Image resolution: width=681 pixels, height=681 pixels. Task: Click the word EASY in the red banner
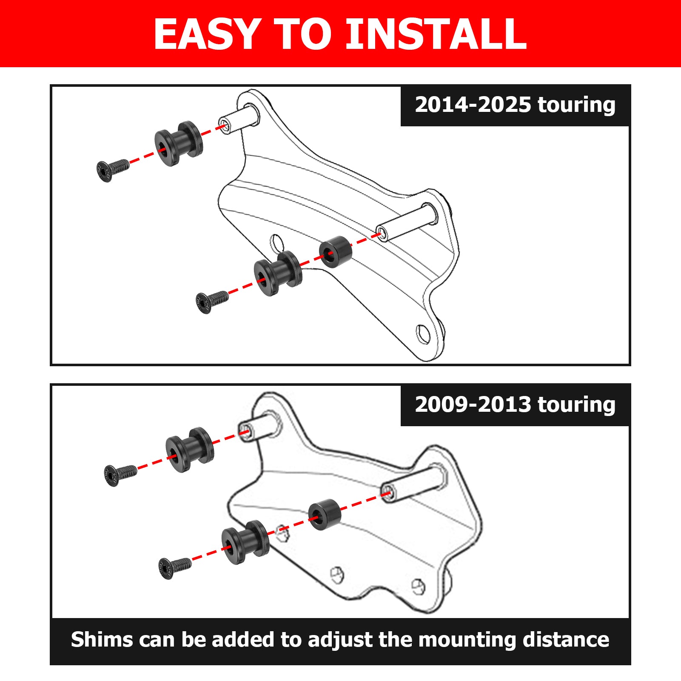point(207,34)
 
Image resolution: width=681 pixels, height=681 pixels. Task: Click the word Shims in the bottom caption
point(102,640)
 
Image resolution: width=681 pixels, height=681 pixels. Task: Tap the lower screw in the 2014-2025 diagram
point(211,301)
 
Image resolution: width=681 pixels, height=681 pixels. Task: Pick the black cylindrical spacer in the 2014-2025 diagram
point(336,252)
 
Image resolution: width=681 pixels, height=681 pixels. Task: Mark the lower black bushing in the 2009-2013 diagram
point(245,541)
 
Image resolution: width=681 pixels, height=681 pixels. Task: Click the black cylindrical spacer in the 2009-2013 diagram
point(324,514)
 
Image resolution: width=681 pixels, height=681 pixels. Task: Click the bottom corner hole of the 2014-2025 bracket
point(423,334)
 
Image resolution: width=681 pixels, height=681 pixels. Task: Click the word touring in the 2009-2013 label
point(576,405)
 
